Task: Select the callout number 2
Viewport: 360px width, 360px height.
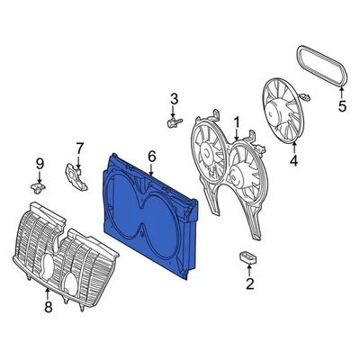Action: coord(249,284)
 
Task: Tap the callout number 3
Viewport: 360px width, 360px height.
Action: coord(175,98)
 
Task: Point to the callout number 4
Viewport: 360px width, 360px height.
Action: coord(293,162)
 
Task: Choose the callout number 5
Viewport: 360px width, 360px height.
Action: coord(341,106)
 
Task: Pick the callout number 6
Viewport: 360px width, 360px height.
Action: coord(151,157)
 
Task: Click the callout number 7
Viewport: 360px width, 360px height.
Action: coord(78,148)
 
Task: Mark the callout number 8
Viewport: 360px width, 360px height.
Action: coord(48,307)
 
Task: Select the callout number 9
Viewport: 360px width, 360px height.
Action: coord(39,163)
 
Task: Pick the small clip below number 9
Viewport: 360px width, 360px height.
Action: coord(38,186)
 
